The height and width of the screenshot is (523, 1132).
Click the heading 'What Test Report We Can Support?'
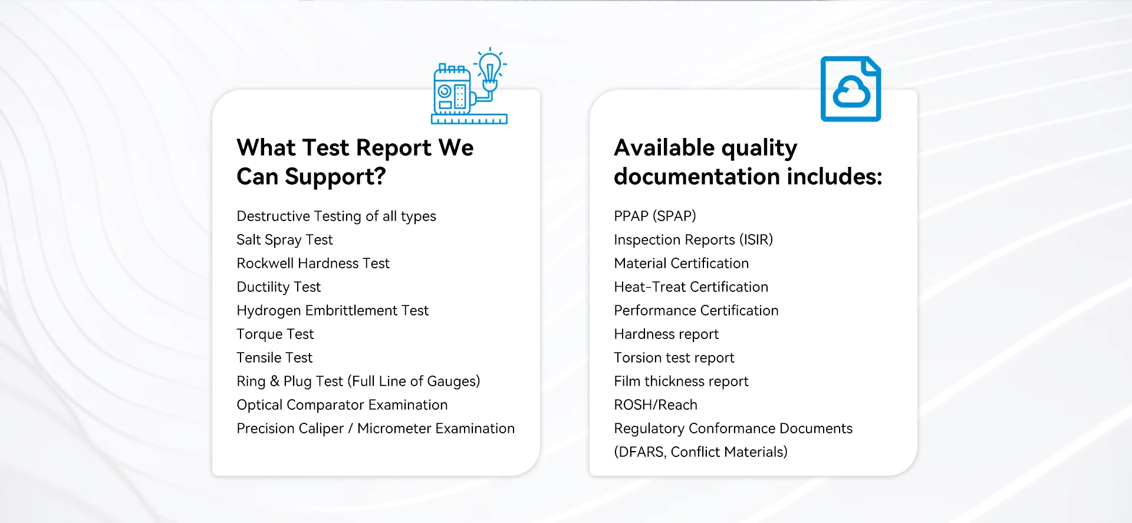point(355,162)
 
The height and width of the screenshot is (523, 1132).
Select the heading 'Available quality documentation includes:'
point(748,162)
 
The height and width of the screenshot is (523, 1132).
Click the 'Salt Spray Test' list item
point(285,240)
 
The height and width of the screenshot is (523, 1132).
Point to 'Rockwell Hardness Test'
point(313,263)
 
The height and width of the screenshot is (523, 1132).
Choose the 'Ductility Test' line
point(278,287)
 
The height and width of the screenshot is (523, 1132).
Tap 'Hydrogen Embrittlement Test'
point(333,311)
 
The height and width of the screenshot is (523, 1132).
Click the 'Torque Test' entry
point(275,334)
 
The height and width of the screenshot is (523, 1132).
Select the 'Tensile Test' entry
point(275,357)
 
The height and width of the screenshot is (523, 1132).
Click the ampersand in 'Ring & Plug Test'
point(275,381)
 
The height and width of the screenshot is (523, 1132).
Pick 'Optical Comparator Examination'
point(342,405)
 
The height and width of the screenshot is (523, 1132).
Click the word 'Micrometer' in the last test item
point(394,428)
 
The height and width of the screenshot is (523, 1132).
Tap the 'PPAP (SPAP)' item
point(655,216)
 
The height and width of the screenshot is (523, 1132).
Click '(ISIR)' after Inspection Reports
point(756,240)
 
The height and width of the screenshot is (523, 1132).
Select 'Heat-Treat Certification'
point(691,287)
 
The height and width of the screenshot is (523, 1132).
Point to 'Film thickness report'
point(681,381)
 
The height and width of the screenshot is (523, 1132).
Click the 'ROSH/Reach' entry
point(656,405)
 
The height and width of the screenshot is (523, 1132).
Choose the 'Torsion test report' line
point(674,358)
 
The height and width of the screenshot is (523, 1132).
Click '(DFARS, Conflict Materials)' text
point(700,452)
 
